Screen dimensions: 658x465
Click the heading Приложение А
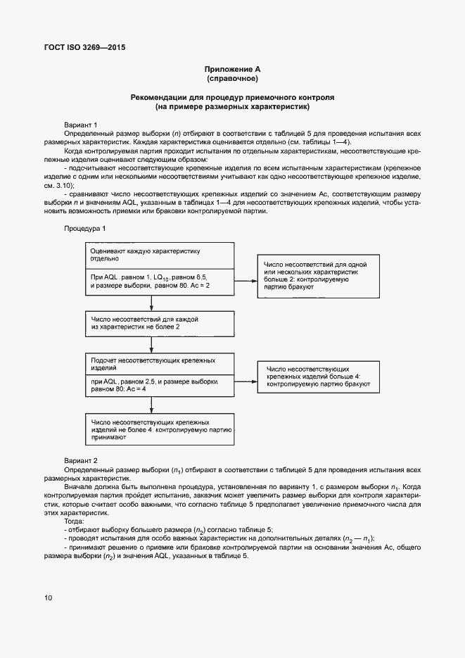coord(232,69)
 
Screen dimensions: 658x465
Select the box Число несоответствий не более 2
coord(159,323)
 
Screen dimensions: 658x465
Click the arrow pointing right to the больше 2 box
coord(246,280)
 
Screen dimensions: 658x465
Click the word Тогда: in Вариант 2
coord(74,521)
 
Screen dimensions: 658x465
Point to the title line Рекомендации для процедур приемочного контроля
coord(232,98)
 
